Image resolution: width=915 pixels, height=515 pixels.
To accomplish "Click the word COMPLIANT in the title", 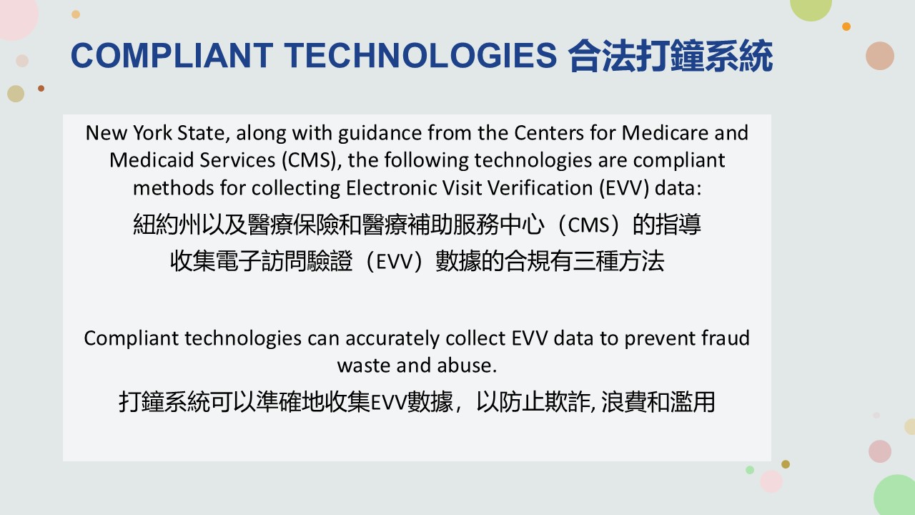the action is [x=172, y=56].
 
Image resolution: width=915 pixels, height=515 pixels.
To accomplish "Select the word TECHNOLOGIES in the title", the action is [x=421, y=56].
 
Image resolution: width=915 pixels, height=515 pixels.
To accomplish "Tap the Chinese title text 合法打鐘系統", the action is [x=671, y=56].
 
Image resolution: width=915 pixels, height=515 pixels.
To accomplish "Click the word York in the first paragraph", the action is [x=152, y=133].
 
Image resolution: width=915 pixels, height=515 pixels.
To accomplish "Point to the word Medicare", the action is [x=665, y=133].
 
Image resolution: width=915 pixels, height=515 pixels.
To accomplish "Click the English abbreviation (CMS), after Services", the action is [x=312, y=160].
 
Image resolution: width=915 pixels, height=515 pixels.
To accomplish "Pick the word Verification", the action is [x=540, y=188].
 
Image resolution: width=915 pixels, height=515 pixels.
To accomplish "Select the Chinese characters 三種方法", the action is [x=618, y=261].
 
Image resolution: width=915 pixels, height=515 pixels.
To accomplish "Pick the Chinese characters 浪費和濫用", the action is [x=658, y=402].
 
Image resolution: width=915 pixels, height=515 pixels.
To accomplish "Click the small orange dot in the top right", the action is [x=846, y=26].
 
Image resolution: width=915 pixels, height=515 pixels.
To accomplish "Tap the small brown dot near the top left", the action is [x=41, y=88].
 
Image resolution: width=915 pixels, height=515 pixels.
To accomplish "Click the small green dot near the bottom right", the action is [x=750, y=470].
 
